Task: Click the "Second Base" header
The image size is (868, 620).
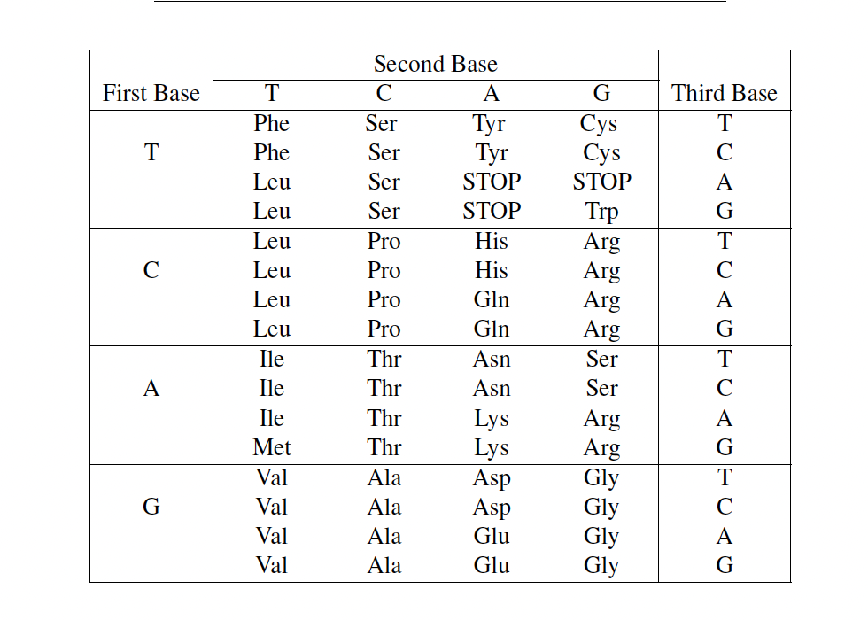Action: (x=435, y=65)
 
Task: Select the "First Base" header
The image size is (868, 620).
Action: (x=151, y=93)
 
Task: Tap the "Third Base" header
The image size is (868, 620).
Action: (x=724, y=93)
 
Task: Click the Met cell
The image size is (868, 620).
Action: (x=272, y=447)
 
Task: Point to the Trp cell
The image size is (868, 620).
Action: (x=601, y=212)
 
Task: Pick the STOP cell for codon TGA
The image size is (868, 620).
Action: (x=601, y=182)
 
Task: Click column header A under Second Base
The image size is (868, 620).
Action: (x=492, y=93)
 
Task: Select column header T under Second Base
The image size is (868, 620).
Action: (x=272, y=93)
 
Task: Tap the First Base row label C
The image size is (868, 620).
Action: (x=151, y=270)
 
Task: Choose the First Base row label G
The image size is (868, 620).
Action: (x=151, y=507)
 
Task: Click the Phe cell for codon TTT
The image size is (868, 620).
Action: (x=272, y=123)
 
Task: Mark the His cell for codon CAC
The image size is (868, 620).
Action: (x=492, y=270)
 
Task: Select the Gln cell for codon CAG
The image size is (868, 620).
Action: (x=492, y=329)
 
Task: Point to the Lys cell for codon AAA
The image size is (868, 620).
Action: (x=492, y=418)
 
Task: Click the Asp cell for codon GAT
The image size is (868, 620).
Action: (x=492, y=477)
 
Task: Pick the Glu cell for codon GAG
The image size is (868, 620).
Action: (x=492, y=565)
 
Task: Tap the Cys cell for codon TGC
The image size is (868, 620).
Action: (x=601, y=153)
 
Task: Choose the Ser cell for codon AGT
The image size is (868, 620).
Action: (x=601, y=359)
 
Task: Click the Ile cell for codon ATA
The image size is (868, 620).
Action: (x=272, y=418)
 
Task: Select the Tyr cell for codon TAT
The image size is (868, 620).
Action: (x=492, y=123)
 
